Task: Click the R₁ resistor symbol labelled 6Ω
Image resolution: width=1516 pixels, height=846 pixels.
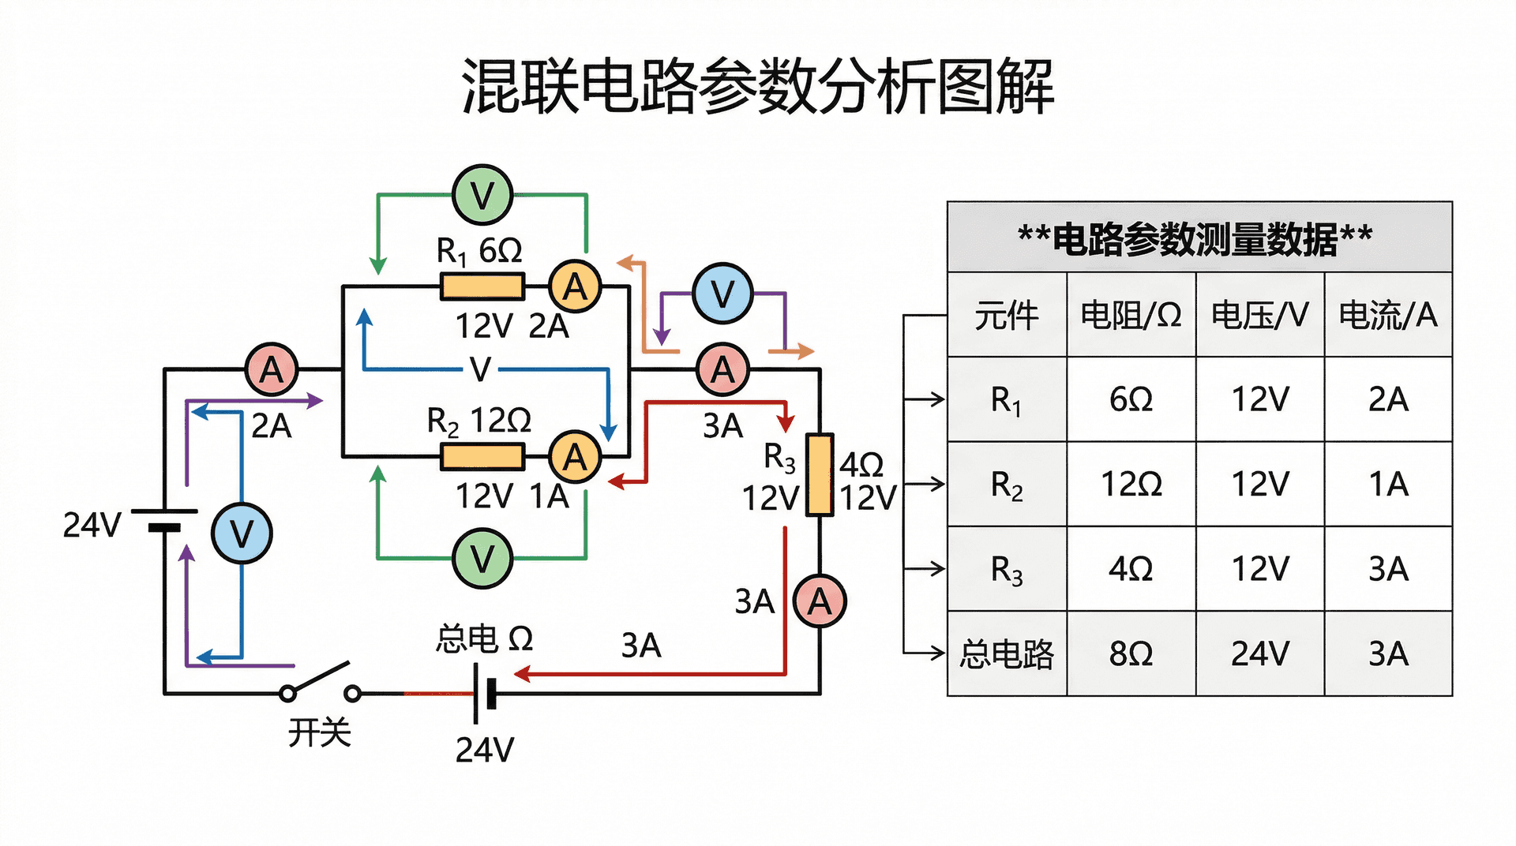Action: [482, 286]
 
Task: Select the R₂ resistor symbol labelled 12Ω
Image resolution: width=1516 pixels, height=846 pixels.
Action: [482, 457]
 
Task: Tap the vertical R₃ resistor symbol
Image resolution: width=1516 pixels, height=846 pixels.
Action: [820, 475]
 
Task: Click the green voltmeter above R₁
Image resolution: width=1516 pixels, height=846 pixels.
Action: [482, 195]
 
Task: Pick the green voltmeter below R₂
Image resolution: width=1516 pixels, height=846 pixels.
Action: [482, 559]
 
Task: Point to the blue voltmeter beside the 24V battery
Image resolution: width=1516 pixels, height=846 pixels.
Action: [242, 533]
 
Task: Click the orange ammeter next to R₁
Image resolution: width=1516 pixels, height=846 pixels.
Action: [575, 286]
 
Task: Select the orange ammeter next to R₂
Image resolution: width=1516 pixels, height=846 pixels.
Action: [575, 457]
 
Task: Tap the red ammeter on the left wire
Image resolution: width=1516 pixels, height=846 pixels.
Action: [271, 369]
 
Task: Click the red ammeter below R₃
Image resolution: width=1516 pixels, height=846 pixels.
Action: [820, 601]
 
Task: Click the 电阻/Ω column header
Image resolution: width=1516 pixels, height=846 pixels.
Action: [1131, 315]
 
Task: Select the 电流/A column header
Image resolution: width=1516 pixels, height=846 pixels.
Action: [1388, 315]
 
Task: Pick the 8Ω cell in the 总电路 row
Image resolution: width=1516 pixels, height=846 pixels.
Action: [1131, 653]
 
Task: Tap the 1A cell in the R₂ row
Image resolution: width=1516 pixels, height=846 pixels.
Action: [1388, 484]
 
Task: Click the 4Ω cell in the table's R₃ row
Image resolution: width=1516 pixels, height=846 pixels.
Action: [1131, 568]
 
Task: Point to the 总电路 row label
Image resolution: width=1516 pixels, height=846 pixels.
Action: [1007, 653]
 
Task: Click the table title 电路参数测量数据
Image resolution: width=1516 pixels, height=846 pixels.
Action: [1195, 238]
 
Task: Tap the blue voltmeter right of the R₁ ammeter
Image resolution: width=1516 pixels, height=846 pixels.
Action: [722, 294]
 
